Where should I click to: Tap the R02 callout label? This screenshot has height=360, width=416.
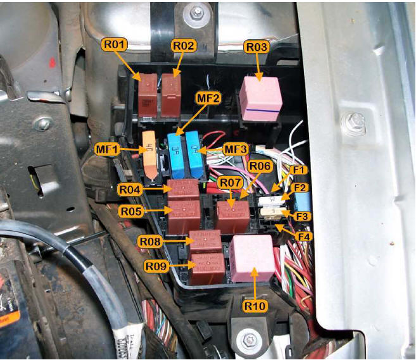pyautogui.click(x=184, y=46)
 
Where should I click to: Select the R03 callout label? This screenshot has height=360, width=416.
pyautogui.click(x=257, y=47)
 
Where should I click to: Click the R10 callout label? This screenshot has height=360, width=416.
pyautogui.click(x=255, y=306)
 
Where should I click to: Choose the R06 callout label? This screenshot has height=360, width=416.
pyautogui.click(x=260, y=166)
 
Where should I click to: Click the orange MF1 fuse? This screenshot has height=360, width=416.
pyautogui.click(x=149, y=154)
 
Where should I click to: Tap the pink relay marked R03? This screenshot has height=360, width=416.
pyautogui.click(x=260, y=97)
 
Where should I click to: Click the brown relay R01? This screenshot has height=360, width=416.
pyautogui.click(x=148, y=95)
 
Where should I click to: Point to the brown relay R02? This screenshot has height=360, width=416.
pyautogui.click(x=170, y=95)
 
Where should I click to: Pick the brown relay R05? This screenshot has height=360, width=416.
pyautogui.click(x=184, y=216)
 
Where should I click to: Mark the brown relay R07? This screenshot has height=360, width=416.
pyautogui.click(x=233, y=216)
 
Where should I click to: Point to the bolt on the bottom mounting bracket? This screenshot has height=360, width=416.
pyautogui.click(x=249, y=340)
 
